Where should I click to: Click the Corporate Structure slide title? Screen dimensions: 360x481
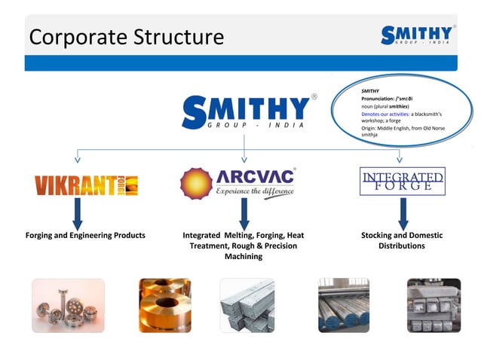pos(126,37)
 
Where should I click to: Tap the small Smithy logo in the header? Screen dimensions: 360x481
pos(417,35)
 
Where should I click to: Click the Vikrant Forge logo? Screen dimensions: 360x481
pos(86,185)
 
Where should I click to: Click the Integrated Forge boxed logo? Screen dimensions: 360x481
pos(402,182)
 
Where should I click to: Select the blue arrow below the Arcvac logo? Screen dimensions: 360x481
pos(244,214)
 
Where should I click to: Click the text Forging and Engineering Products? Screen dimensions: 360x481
pos(85,236)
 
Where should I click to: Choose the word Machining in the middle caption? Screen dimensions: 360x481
pos(244,257)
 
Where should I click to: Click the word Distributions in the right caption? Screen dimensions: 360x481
pos(402,246)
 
